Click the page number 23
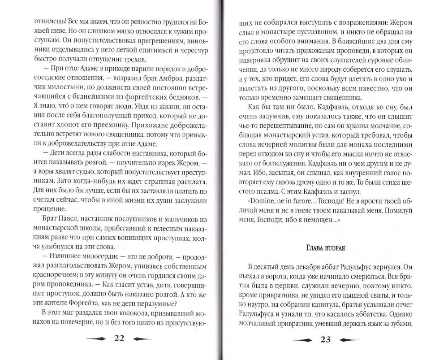tap(325, 339)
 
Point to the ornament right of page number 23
tap(352, 339)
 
